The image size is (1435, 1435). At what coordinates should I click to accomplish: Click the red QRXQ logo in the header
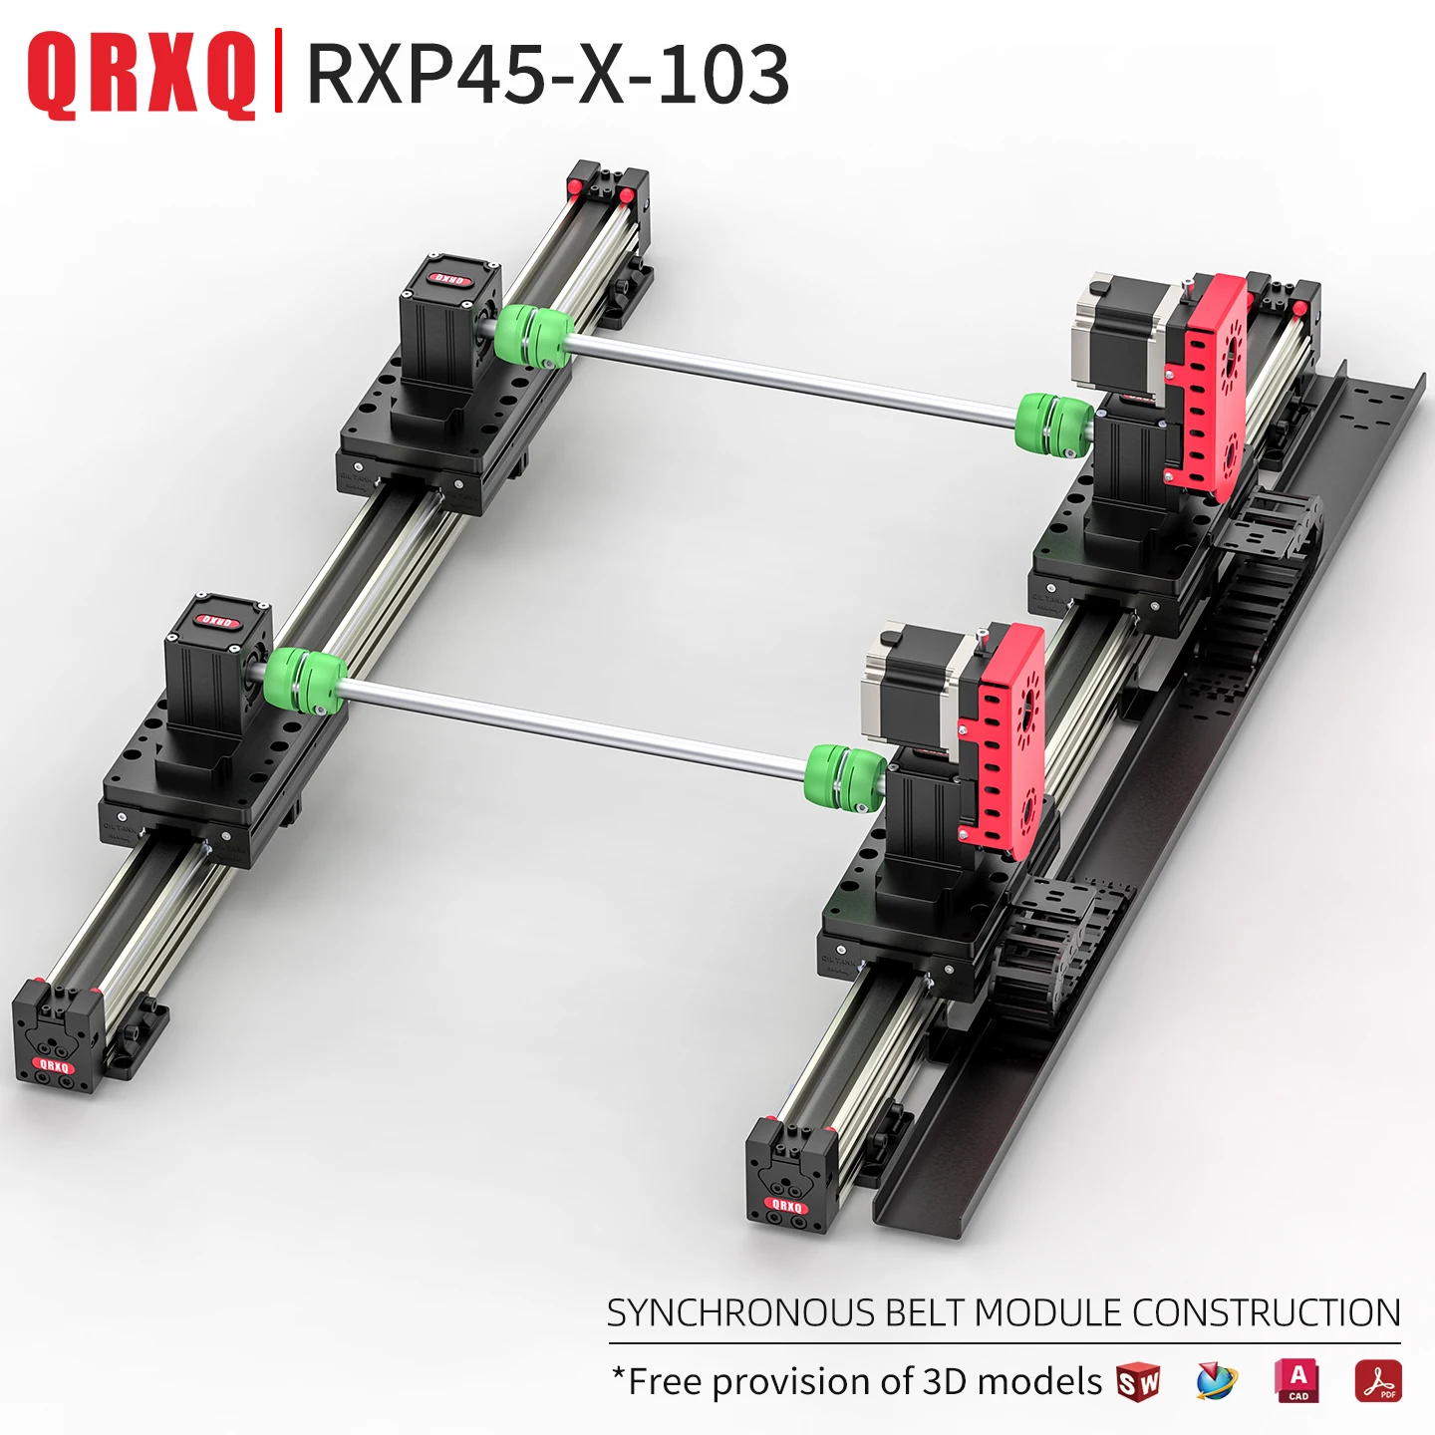pyautogui.click(x=142, y=75)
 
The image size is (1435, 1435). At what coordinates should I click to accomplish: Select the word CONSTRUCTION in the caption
pyautogui.click(x=1266, y=1313)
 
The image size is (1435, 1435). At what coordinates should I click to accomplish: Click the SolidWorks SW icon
pyautogui.click(x=1138, y=1382)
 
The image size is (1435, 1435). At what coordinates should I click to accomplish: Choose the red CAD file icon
pyautogui.click(x=1296, y=1381)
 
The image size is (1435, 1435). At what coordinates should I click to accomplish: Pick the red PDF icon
pyautogui.click(x=1377, y=1381)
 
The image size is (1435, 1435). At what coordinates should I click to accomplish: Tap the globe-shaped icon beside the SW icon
pyautogui.click(x=1216, y=1381)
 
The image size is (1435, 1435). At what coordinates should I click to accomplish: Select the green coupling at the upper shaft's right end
pyautogui.click(x=1054, y=425)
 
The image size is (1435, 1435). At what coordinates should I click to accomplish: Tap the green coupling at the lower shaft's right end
pyautogui.click(x=845, y=775)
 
